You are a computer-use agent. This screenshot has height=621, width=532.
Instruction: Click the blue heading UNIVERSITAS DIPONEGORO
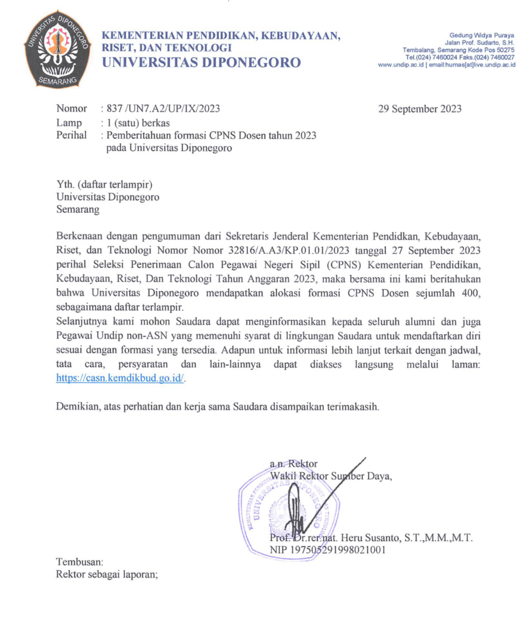click(201, 62)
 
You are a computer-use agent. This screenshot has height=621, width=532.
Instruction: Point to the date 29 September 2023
click(420, 109)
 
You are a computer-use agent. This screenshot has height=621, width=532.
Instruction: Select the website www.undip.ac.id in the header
click(401, 64)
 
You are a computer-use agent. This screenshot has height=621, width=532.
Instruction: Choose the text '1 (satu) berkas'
click(138, 122)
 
